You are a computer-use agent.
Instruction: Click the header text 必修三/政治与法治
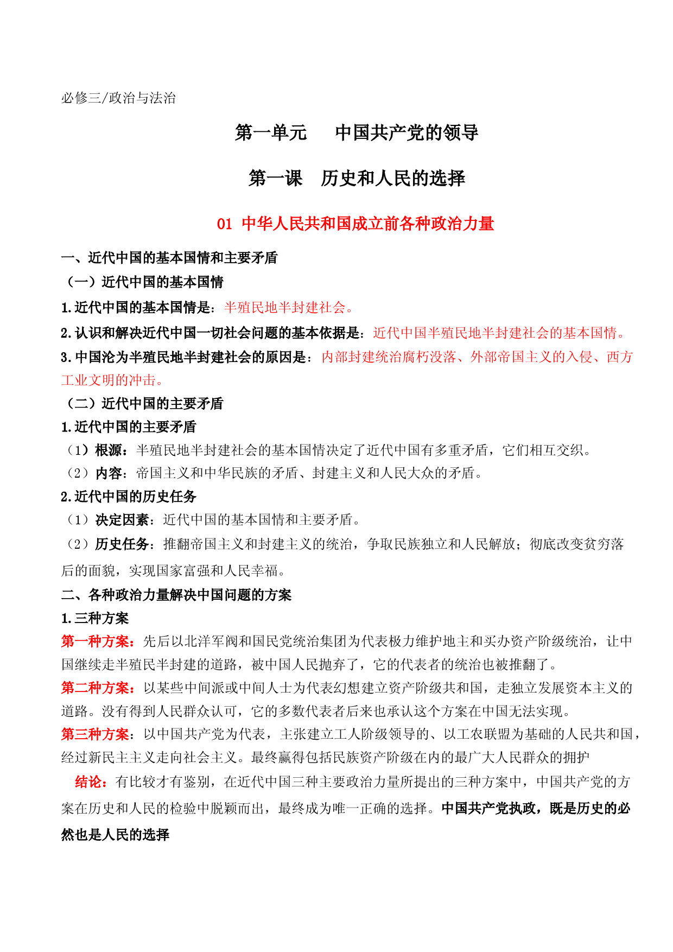pos(118,98)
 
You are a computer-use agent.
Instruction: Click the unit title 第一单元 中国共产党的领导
pos(357,132)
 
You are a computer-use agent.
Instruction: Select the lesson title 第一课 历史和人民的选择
pos(357,178)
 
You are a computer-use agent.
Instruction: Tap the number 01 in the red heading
pos(225,224)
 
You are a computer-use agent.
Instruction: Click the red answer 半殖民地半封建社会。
pos(289,308)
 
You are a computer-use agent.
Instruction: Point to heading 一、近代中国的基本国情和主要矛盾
pos(169,258)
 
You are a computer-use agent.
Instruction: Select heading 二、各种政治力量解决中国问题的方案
pos(176,595)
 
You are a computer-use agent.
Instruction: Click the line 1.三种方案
pos(95,619)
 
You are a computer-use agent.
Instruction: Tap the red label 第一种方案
pos(96,642)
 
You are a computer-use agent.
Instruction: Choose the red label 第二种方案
pos(96,688)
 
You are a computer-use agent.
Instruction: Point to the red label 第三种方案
pos(96,734)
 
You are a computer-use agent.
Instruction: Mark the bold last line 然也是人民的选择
pos(116,835)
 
